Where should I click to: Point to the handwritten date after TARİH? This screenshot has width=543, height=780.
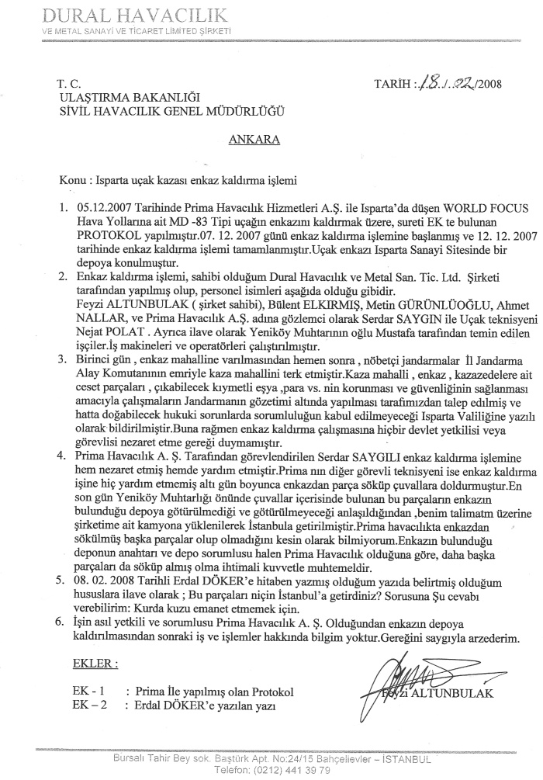450,84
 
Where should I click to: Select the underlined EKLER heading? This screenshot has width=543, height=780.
95,664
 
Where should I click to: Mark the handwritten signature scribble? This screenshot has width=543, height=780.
399,674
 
